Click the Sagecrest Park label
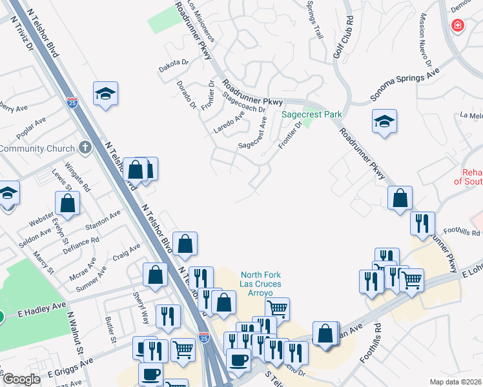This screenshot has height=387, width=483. point(312,115)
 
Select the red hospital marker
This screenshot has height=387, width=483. point(457,25)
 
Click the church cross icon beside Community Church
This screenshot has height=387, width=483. point(84,148)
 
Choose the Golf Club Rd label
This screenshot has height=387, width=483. point(343,38)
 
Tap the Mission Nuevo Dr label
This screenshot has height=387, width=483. point(425,40)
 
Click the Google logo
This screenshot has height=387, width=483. point(21,379)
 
